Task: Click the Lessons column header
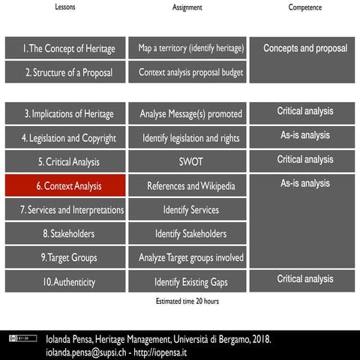tap(65, 7)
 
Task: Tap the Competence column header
tap(304, 7)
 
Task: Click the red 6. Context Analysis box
tap(64, 186)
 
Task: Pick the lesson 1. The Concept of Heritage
tap(64, 49)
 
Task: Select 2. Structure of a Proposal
tap(64, 73)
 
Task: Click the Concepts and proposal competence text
tap(304, 48)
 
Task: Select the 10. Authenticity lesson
tap(64, 282)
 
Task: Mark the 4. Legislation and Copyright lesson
tap(64, 139)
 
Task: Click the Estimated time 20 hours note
tap(186, 301)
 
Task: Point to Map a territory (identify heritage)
tap(191, 49)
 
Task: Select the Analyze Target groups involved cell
tap(191, 258)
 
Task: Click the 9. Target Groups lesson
tap(64, 258)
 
